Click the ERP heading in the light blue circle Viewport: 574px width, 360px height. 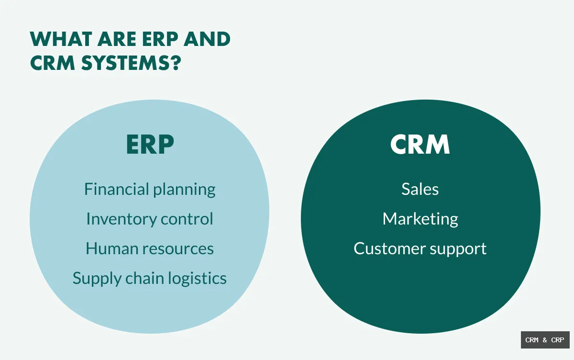pyautogui.click(x=150, y=145)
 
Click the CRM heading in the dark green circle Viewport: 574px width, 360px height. pyautogui.click(x=420, y=145)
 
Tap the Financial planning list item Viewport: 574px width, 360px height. pyautogui.click(x=150, y=190)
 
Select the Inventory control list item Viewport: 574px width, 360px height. pyautogui.click(x=150, y=219)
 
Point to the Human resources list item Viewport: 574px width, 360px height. pyautogui.click(x=150, y=249)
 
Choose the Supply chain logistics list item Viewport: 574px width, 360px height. pyautogui.click(x=150, y=279)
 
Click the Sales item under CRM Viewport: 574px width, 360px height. pyautogui.click(x=420, y=189)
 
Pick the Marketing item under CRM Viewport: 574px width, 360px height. pyautogui.click(x=420, y=219)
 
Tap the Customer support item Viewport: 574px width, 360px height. pyautogui.click(x=420, y=249)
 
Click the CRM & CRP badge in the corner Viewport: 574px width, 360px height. pyautogui.click(x=545, y=340)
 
